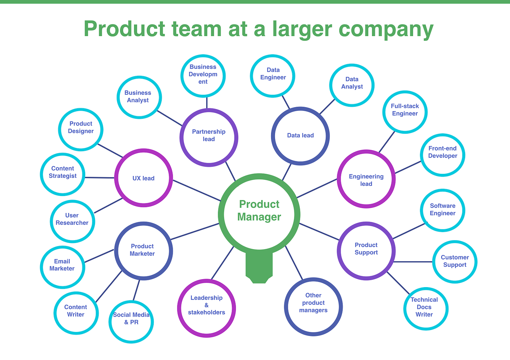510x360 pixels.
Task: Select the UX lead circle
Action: click(x=144, y=178)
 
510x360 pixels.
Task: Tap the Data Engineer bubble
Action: click(x=273, y=76)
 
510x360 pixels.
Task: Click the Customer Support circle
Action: click(x=455, y=262)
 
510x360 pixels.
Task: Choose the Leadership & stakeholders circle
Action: click(x=207, y=308)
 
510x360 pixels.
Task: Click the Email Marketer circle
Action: click(x=62, y=267)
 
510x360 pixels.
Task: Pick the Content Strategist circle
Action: click(x=63, y=174)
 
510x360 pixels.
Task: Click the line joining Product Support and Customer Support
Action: click(x=413, y=262)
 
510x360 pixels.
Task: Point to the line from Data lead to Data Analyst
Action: click(x=327, y=107)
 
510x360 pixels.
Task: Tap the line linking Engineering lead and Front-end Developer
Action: click(x=408, y=167)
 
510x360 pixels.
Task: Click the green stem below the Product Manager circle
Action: click(x=259, y=268)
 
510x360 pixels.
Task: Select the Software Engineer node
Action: click(x=442, y=210)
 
